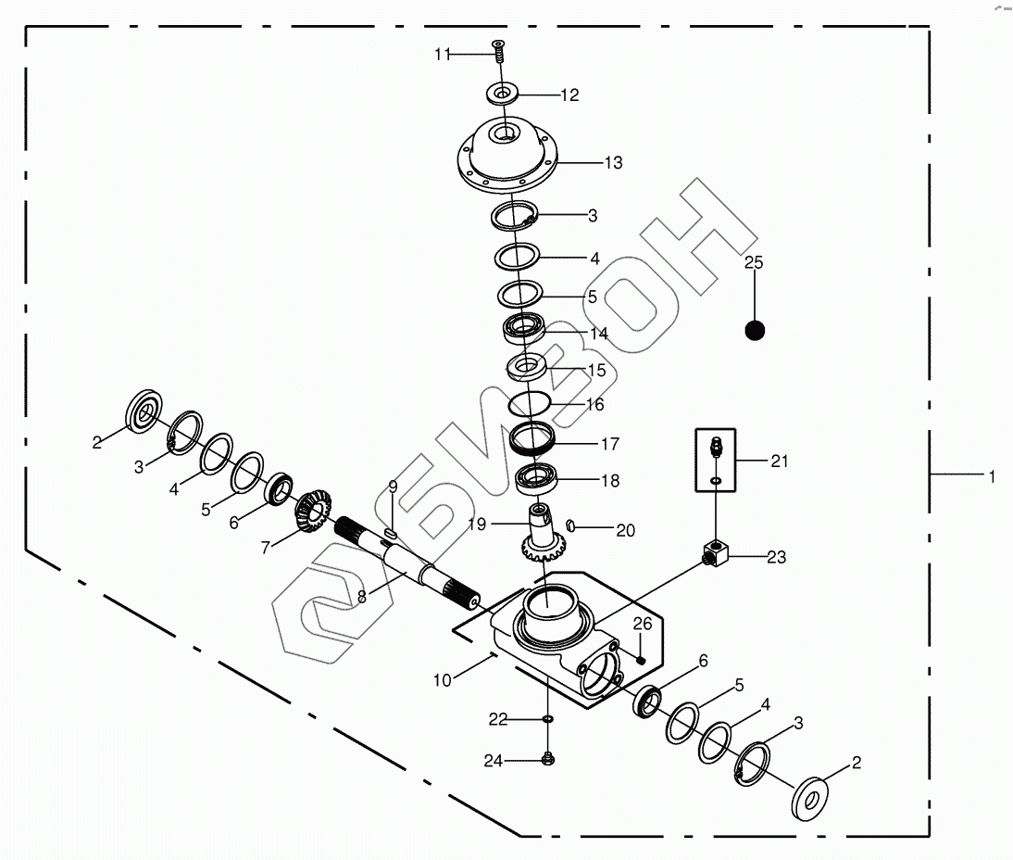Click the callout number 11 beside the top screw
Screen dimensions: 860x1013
[442, 55]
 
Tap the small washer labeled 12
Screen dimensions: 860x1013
[502, 94]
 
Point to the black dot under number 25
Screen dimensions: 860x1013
[756, 329]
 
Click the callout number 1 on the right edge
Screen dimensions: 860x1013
[991, 477]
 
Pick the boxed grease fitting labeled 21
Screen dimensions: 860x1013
[716, 459]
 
